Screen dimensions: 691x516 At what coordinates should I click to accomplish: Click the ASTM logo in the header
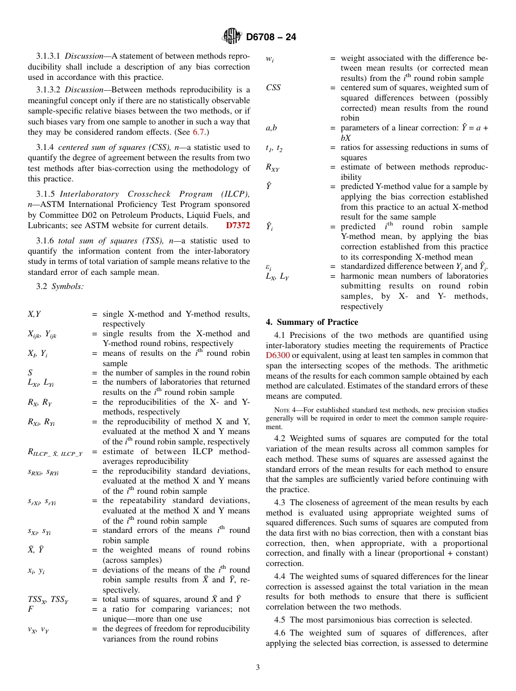point(232,37)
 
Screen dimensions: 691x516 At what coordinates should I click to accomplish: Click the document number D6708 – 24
point(271,37)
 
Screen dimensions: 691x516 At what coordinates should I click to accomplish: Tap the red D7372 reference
point(238,225)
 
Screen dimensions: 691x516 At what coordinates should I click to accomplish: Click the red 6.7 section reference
point(199,132)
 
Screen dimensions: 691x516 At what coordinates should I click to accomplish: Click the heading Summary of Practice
point(312,322)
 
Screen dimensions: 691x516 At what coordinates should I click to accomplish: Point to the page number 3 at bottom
point(258,668)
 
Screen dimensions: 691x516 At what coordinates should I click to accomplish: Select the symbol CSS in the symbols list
point(273,88)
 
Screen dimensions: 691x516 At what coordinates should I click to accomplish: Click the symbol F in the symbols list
point(30,609)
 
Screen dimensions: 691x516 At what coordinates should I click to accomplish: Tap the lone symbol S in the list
point(30,373)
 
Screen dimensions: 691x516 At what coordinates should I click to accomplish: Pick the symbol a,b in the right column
point(272,128)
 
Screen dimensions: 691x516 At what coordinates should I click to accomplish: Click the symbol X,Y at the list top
point(34,314)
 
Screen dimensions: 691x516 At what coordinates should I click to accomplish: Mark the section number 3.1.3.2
point(48,90)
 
